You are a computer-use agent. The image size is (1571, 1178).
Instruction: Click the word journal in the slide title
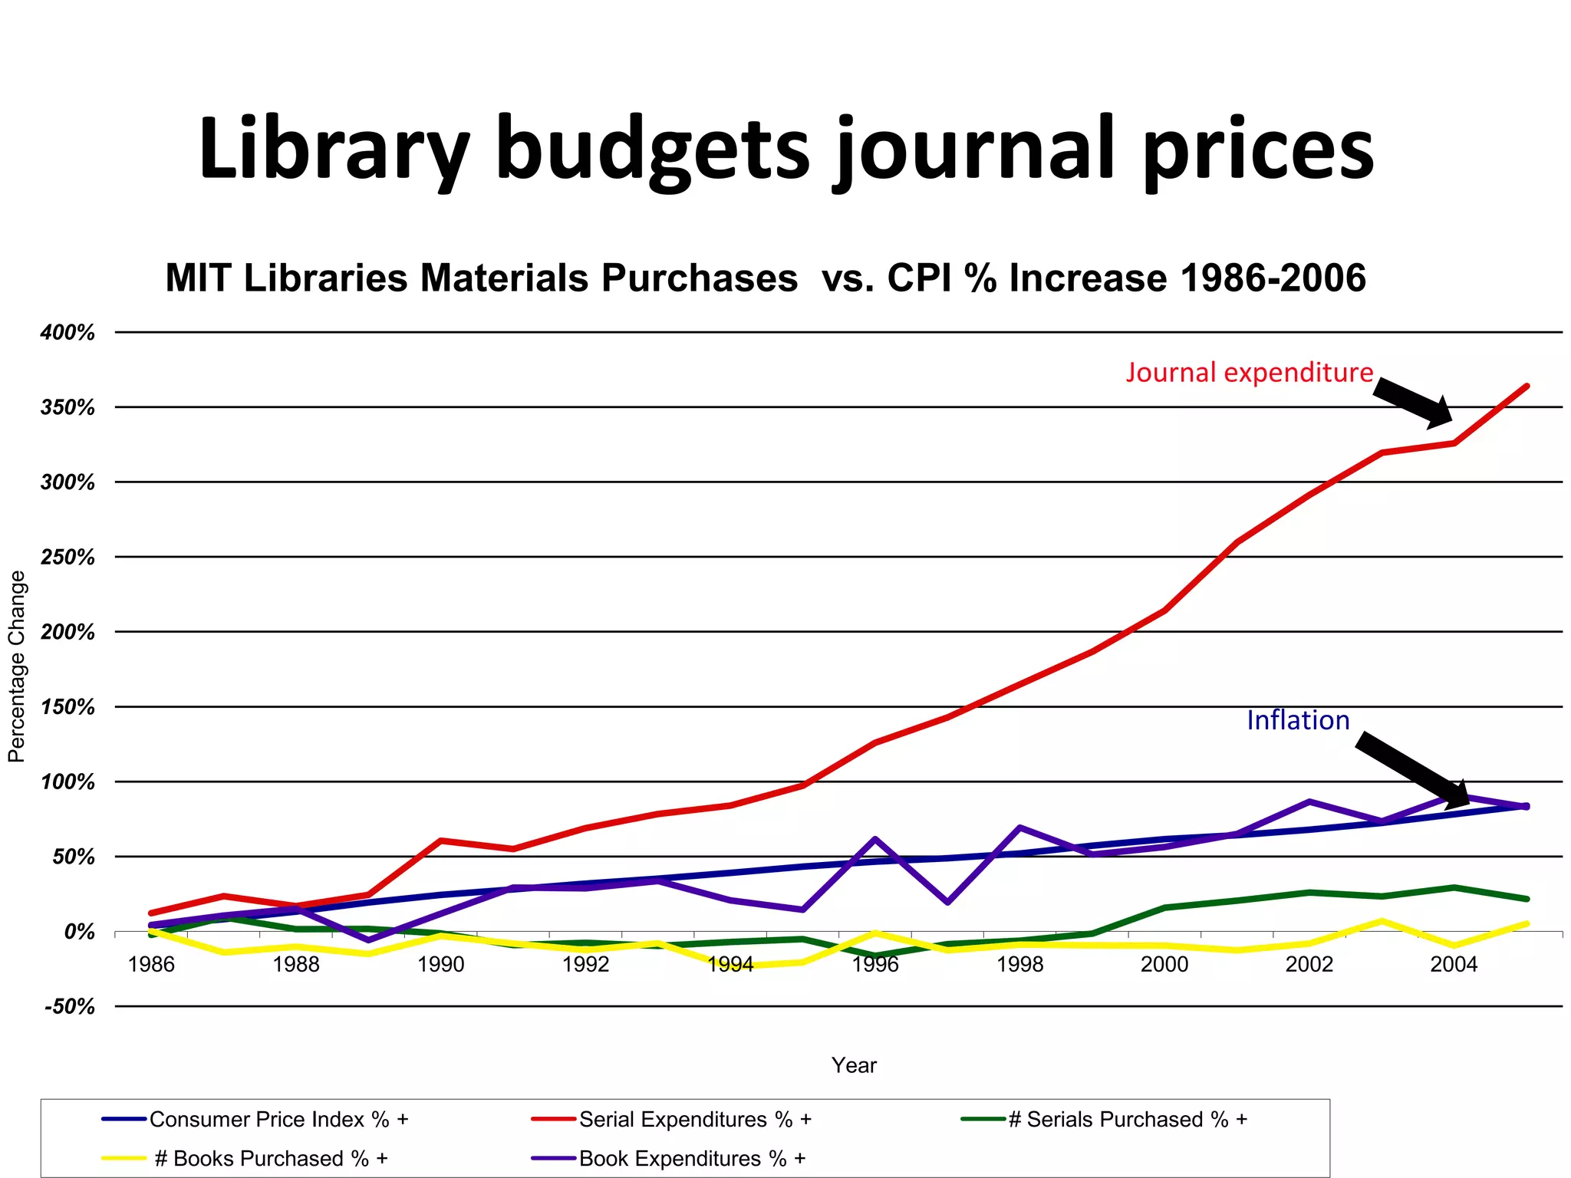[x=973, y=150]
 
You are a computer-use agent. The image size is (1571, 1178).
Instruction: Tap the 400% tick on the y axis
[x=68, y=333]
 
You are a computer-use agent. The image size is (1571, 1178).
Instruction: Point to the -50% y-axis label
[x=69, y=1006]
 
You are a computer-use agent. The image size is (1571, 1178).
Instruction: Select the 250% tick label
[x=68, y=558]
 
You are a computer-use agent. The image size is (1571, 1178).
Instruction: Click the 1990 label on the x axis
[x=440, y=964]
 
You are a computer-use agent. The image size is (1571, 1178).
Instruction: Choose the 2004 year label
[x=1453, y=964]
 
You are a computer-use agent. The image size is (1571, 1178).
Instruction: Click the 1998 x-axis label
[x=1019, y=964]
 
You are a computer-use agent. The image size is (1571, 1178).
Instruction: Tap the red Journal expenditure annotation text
[x=1249, y=372]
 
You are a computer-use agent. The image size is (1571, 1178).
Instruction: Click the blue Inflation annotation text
[x=1298, y=720]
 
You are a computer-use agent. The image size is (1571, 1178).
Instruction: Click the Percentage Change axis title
[x=17, y=666]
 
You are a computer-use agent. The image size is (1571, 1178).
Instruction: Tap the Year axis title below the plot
[x=854, y=1065]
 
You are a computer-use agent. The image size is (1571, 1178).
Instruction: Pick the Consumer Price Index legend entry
[x=278, y=1120]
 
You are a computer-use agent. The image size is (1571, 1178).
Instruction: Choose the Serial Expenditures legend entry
[x=695, y=1120]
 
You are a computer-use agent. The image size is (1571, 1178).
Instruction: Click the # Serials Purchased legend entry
[x=1127, y=1120]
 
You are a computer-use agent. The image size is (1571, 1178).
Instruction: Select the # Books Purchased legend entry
[x=271, y=1158]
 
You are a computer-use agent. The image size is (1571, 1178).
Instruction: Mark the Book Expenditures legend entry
[x=692, y=1158]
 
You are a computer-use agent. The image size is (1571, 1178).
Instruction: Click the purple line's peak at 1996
[x=874, y=839]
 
